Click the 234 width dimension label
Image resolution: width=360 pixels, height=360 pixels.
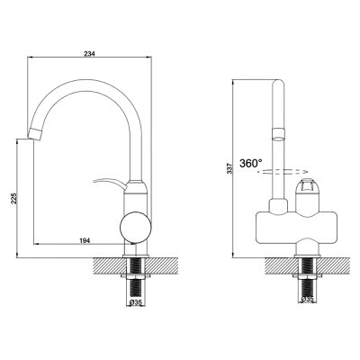click(89, 54)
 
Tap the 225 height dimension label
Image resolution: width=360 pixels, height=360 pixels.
click(14, 199)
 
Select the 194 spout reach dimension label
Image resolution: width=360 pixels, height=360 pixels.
click(85, 240)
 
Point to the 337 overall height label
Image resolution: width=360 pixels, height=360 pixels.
click(229, 169)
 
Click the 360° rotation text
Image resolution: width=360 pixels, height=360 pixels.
click(251, 164)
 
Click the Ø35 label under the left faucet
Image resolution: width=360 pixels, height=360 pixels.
click(136, 303)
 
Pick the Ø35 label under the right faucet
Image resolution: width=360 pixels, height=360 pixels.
click(307, 299)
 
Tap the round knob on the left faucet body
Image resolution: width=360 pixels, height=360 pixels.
click(135, 227)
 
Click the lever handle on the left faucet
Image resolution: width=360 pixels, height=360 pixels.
click(109, 183)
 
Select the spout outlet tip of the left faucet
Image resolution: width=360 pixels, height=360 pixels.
click(35, 133)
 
